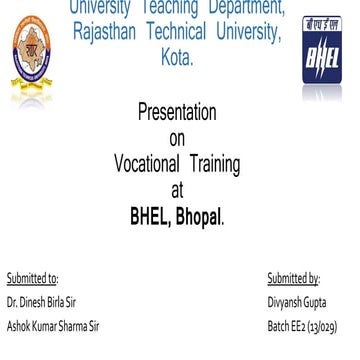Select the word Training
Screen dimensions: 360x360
pyautogui.click(x=211, y=163)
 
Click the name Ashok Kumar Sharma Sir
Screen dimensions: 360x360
pyautogui.click(x=55, y=325)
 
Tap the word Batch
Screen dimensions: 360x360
pyautogui.click(x=279, y=325)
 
